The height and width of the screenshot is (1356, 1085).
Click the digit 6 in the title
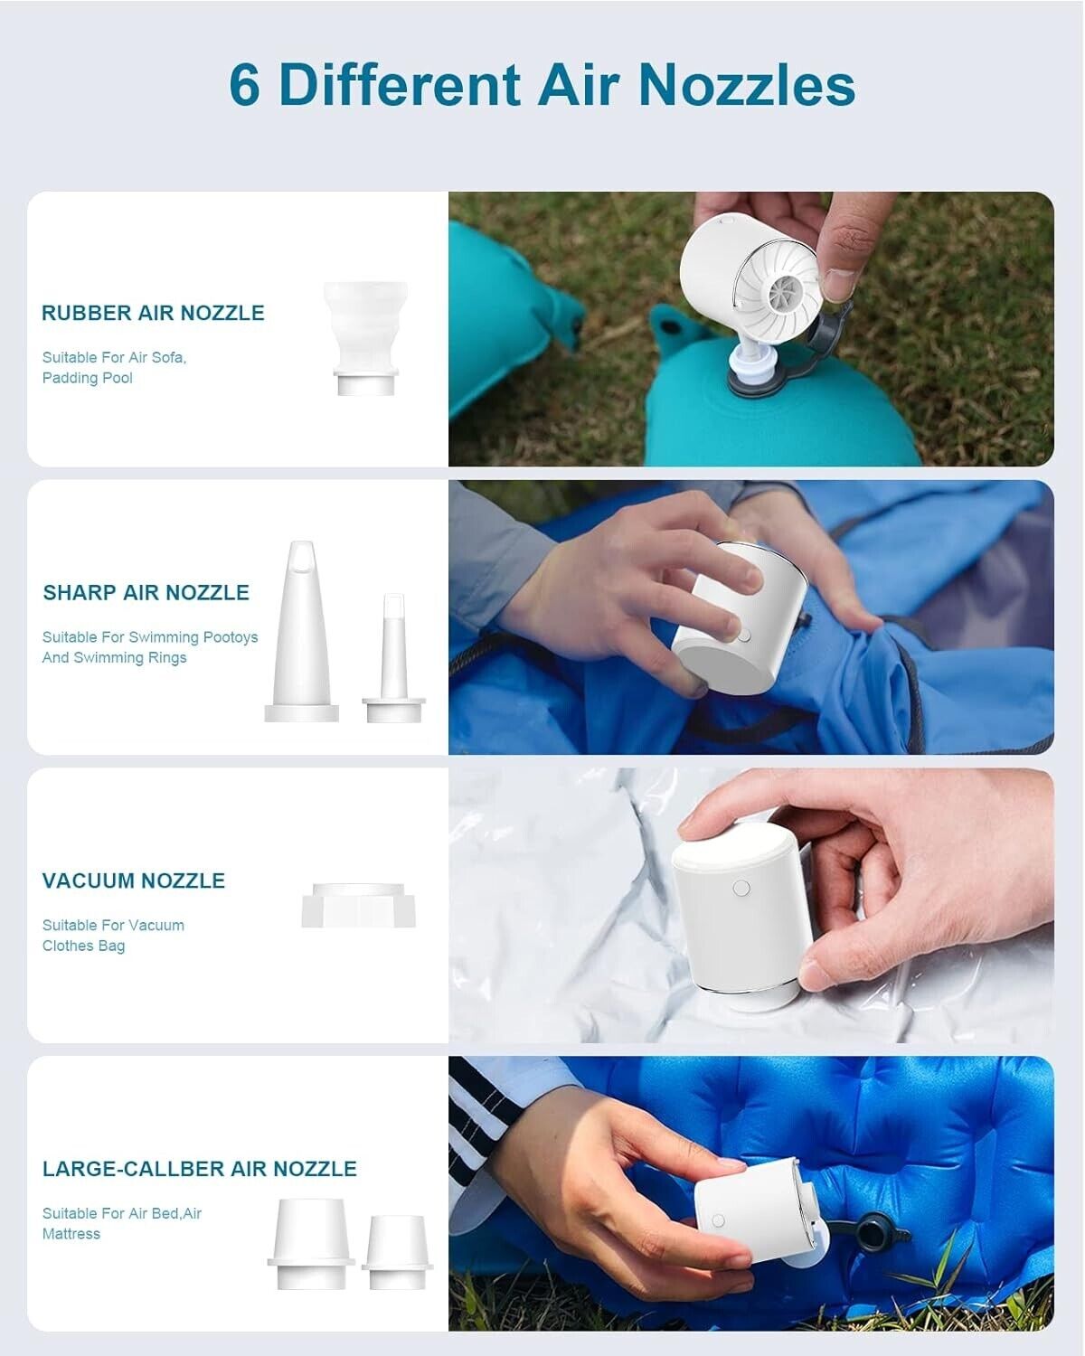[245, 84]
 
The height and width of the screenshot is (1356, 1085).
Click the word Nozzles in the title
[747, 84]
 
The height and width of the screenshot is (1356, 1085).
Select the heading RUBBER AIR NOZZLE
[153, 313]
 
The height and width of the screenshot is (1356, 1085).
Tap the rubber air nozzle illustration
[365, 338]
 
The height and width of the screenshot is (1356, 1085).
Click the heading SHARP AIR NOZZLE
[146, 593]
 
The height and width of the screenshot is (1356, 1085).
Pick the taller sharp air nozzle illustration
[301, 631]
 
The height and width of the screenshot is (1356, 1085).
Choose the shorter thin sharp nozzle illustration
[393, 658]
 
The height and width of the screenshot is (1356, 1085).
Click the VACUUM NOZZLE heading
[134, 880]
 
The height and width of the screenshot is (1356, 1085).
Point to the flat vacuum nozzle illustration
[359, 906]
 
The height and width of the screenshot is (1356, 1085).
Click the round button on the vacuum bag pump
[741, 890]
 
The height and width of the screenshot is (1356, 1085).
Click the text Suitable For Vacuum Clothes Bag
[114, 936]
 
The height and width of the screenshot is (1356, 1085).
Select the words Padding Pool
[88, 378]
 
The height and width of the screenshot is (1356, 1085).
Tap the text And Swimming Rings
[115, 658]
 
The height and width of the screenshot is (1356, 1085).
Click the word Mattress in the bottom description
[71, 1234]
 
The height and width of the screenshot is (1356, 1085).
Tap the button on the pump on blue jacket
[744, 636]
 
